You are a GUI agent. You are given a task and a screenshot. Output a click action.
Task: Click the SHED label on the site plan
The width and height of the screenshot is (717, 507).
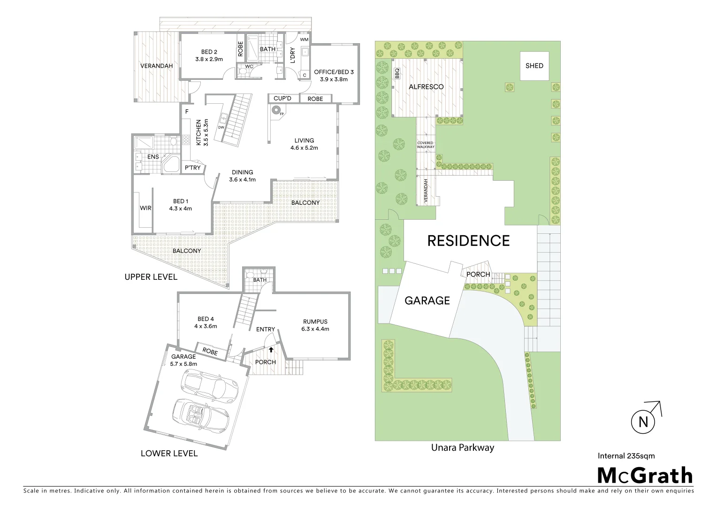pos(534,66)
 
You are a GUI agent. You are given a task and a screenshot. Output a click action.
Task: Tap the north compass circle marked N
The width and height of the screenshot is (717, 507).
pos(643,422)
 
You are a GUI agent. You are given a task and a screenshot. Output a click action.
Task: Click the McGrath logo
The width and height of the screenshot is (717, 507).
pos(645,476)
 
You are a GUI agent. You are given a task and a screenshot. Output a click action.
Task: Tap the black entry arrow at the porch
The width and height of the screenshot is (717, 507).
pos(271,350)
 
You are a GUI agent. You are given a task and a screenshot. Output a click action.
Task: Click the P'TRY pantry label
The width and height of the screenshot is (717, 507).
pos(192,168)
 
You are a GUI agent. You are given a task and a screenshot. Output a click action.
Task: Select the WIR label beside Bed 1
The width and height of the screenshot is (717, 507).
pos(145,208)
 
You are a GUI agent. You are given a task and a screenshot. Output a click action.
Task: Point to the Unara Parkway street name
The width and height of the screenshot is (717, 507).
pos(463,447)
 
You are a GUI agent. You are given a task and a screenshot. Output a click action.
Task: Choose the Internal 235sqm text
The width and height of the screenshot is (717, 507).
pos(626,455)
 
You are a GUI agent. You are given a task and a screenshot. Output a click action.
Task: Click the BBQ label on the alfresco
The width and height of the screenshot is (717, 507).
pos(397,74)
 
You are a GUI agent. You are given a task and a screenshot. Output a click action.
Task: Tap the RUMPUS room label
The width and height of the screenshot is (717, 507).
pos(315,322)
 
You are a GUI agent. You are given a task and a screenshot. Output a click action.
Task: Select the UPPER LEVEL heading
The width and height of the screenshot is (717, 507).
pos(151,277)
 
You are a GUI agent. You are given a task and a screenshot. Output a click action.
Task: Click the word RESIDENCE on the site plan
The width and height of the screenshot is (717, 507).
pos(468,241)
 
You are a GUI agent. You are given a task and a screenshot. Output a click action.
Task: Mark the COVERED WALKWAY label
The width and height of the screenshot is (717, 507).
pos(426,145)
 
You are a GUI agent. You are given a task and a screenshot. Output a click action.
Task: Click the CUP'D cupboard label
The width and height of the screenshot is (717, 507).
pos(282,99)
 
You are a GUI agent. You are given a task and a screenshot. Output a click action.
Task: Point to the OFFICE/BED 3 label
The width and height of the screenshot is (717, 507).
pos(334,72)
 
